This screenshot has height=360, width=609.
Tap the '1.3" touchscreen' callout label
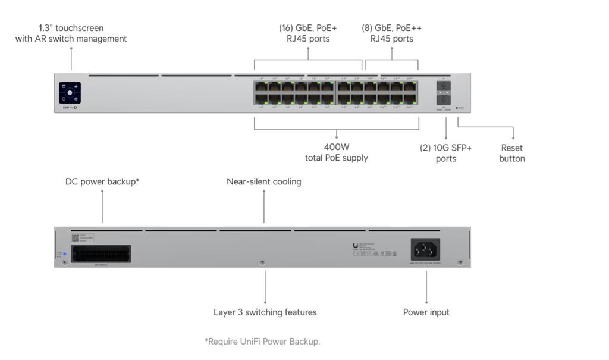(71, 33)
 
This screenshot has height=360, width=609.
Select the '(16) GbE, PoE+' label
(308, 33)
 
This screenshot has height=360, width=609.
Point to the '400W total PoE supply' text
(336, 152)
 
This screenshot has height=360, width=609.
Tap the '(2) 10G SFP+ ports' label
(446, 153)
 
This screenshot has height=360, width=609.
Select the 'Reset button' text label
(512, 153)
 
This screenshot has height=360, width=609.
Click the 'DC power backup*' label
(102, 181)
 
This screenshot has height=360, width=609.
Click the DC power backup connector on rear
(101, 253)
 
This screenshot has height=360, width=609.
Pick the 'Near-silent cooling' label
(264, 181)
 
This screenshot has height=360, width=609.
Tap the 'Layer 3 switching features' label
(265, 312)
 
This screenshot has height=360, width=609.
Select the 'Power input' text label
(426, 312)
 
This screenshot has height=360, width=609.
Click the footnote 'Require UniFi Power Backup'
(262, 341)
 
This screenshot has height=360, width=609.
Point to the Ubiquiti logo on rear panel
(355, 246)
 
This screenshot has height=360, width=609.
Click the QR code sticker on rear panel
(75, 237)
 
